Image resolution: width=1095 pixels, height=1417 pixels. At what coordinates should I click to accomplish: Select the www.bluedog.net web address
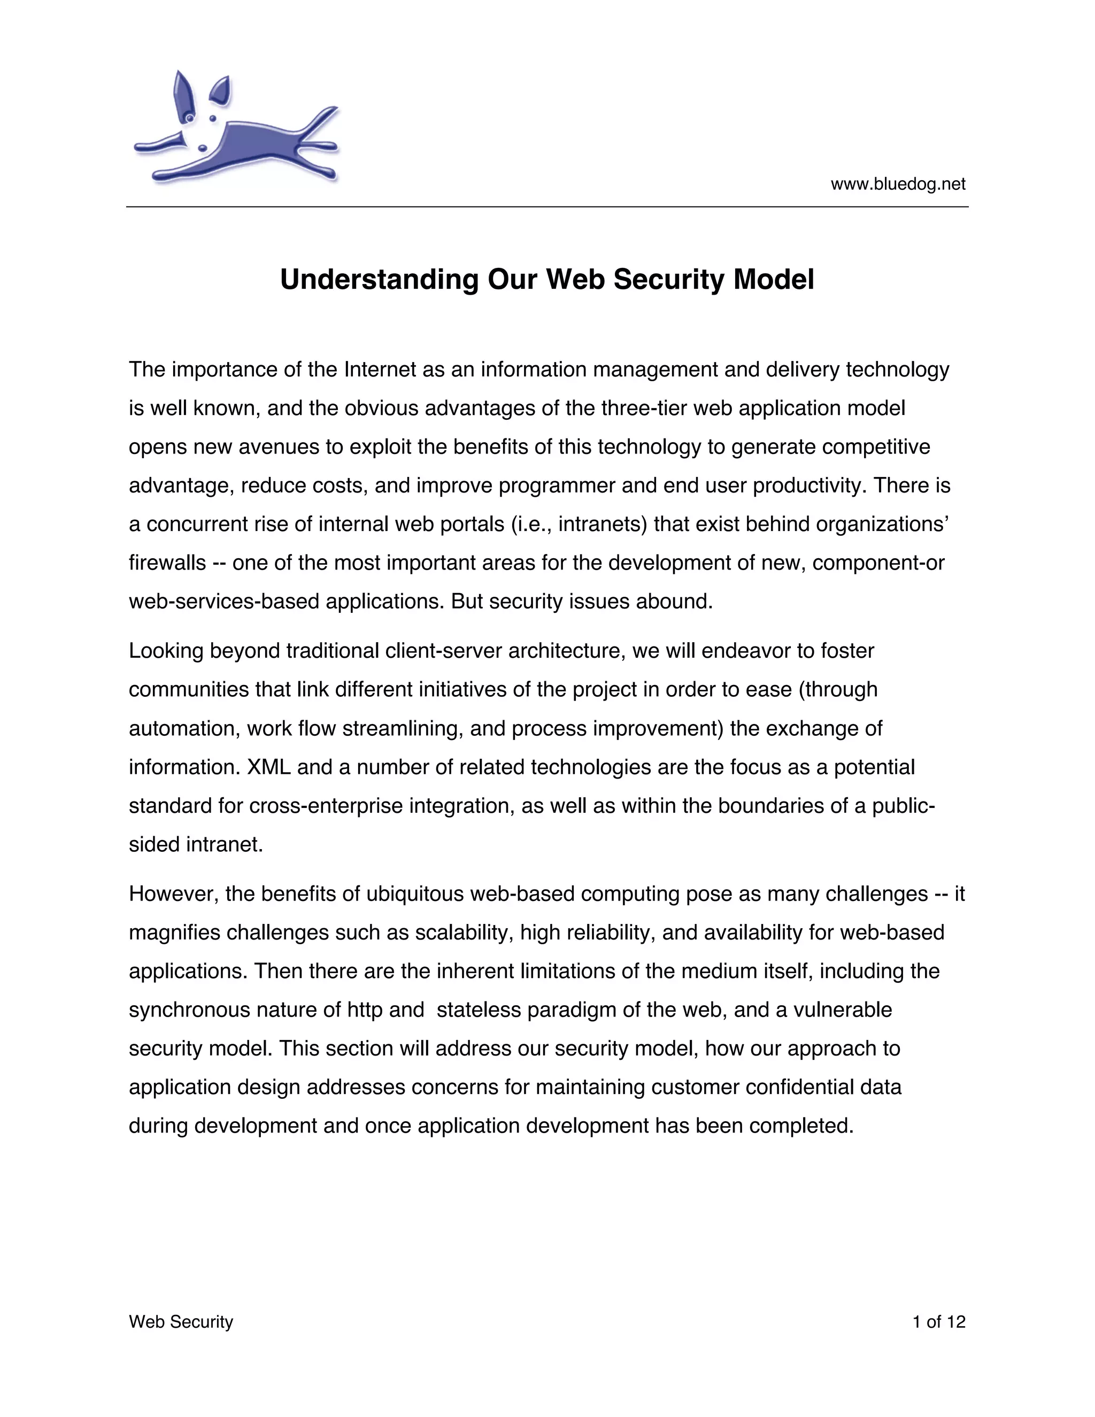(x=898, y=184)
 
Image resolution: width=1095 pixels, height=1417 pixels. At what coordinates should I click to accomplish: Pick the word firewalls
(x=167, y=563)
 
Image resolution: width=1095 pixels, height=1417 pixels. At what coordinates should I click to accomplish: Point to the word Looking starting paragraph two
(x=166, y=651)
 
